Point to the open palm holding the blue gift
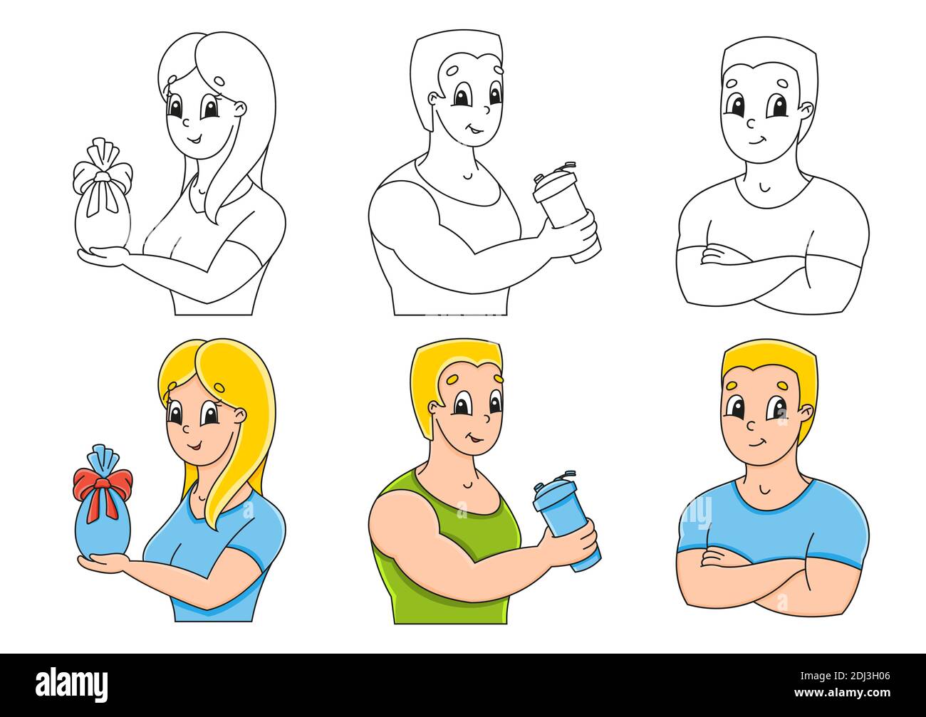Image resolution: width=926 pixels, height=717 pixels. (100, 562)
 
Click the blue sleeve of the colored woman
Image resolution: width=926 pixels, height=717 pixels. (256, 527)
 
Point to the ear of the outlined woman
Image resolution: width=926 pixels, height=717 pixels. (240, 109)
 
